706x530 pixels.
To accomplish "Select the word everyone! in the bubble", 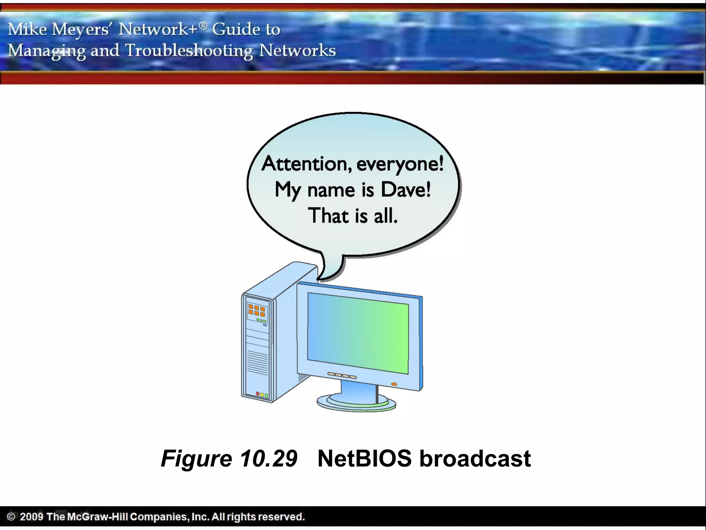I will pos(400,164).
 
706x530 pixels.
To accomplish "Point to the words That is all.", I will pos(352,216).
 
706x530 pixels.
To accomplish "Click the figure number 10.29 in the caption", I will pos(268,459).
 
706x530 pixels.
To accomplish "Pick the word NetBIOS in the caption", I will pos(364,459).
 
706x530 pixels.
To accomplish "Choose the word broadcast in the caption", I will pos(475,459).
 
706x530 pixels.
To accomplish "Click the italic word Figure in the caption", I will pos(196,459).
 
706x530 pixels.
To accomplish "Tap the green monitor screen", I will pos(358,333).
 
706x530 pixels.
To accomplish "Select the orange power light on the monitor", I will pos(394,384).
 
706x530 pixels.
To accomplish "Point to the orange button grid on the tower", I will pos(257,310).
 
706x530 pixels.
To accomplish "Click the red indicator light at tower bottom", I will pos(258,393).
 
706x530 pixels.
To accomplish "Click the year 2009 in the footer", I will pos(31,517).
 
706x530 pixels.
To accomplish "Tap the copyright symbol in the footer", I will pos(11,517).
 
